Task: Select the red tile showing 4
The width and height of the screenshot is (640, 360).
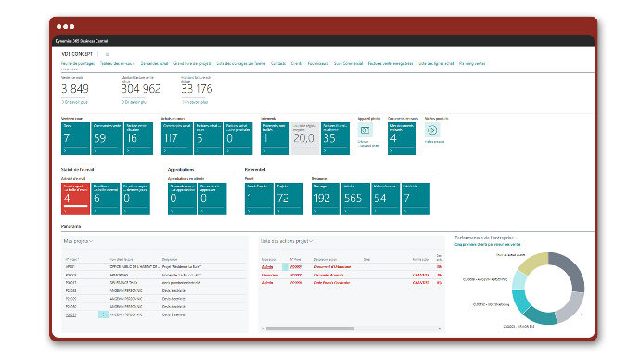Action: (x=75, y=198)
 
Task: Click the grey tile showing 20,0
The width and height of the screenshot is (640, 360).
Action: (x=303, y=136)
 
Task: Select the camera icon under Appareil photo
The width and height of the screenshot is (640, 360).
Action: (x=365, y=131)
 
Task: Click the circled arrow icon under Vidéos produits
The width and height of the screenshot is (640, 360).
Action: (x=432, y=132)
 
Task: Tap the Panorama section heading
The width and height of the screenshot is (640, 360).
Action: (x=70, y=225)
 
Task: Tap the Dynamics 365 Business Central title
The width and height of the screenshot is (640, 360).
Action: (x=87, y=41)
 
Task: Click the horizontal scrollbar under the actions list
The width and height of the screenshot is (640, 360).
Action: (x=349, y=326)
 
